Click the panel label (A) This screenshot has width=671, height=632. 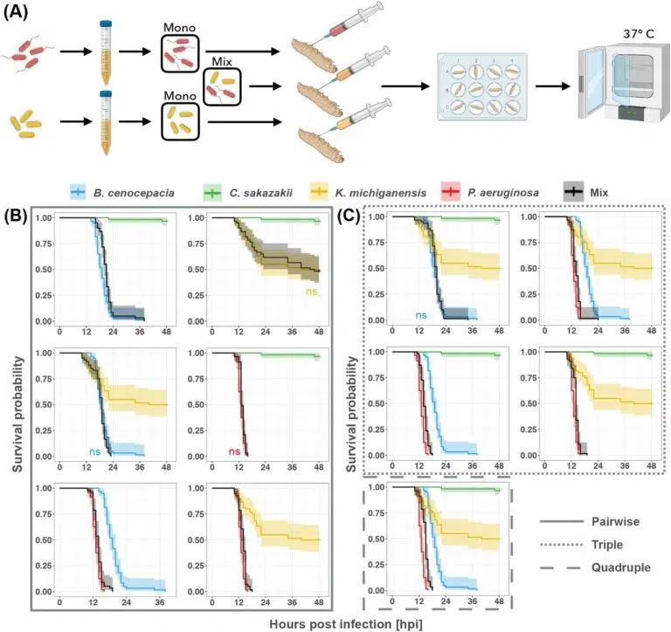pyautogui.click(x=18, y=11)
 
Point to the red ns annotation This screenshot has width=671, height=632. pyautogui.click(x=234, y=451)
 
